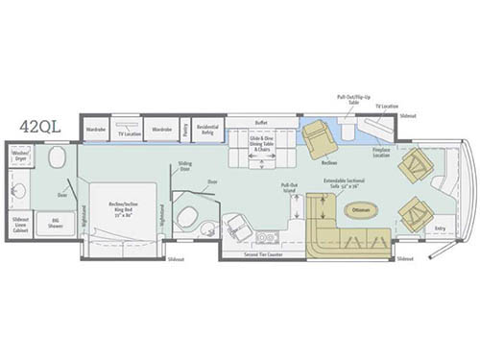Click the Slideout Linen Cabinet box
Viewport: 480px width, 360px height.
coord(20,223)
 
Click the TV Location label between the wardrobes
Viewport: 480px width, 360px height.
coord(129,134)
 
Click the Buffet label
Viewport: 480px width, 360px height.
coord(261,122)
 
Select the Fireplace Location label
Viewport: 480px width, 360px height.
coord(381,153)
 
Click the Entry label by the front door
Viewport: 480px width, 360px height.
coord(440,228)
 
